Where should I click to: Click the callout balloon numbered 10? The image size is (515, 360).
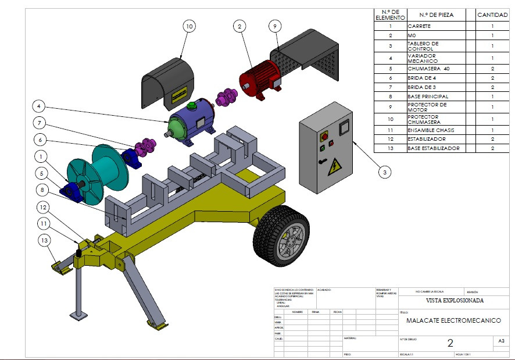(x=189, y=26)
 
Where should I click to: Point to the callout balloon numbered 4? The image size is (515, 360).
(x=38, y=106)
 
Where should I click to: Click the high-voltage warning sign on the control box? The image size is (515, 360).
(x=335, y=169)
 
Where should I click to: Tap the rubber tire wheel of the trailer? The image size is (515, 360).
(x=281, y=236)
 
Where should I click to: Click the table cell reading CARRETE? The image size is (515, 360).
(x=435, y=26)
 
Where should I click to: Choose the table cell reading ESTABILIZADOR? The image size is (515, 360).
(x=435, y=140)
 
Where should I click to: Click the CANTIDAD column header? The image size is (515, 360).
(x=492, y=15)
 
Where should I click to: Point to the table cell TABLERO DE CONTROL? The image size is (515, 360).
(x=435, y=45)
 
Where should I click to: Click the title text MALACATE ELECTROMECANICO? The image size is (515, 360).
(x=453, y=320)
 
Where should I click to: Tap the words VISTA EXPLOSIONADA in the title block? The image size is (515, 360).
(x=455, y=301)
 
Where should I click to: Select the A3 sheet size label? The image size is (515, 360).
(x=501, y=341)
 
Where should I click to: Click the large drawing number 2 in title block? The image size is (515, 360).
(x=450, y=343)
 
